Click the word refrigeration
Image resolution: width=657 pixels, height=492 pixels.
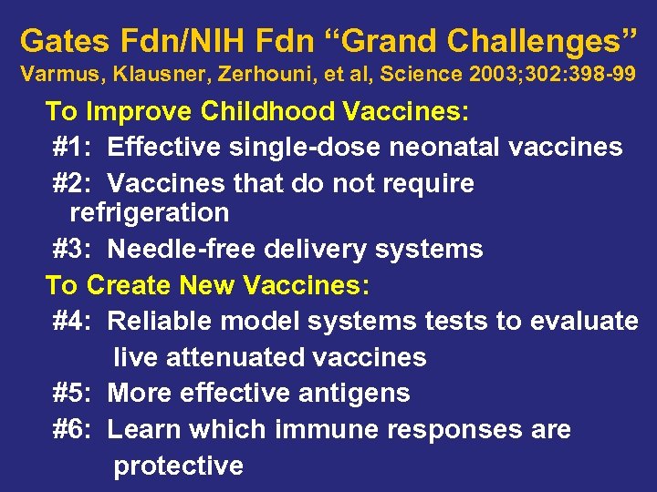click(149, 213)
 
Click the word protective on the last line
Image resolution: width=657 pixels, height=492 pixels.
click(178, 466)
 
